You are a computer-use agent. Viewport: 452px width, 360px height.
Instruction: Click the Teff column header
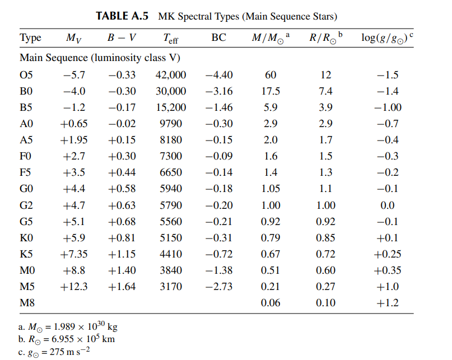tap(171, 38)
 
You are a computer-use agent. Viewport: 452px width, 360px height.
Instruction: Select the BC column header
tap(218, 38)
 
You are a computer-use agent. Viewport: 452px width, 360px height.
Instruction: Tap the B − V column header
tap(122, 38)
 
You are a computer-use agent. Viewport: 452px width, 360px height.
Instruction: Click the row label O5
tap(26, 75)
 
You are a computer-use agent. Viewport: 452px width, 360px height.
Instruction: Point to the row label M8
tap(27, 303)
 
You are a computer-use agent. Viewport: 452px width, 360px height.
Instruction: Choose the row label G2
tap(26, 205)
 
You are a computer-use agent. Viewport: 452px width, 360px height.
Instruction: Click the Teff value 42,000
tap(171, 75)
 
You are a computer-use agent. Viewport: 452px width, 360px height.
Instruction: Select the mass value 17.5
tap(271, 91)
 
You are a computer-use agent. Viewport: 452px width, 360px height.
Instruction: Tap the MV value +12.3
tap(74, 287)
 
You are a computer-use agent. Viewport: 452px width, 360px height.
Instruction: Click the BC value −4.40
tap(219, 75)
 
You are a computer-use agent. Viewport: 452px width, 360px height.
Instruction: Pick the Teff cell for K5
tap(171, 254)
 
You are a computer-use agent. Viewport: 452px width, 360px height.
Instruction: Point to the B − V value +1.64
tap(122, 287)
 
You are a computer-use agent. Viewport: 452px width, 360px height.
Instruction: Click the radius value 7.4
tap(325, 91)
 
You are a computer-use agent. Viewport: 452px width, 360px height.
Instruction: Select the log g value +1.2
tap(388, 303)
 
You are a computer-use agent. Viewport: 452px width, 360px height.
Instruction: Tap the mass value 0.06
tap(271, 303)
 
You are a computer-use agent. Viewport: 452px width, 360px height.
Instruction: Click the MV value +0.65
tap(74, 124)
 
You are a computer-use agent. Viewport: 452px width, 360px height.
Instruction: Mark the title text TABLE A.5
tap(122, 16)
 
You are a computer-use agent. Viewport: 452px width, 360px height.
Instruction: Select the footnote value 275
tap(57, 352)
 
